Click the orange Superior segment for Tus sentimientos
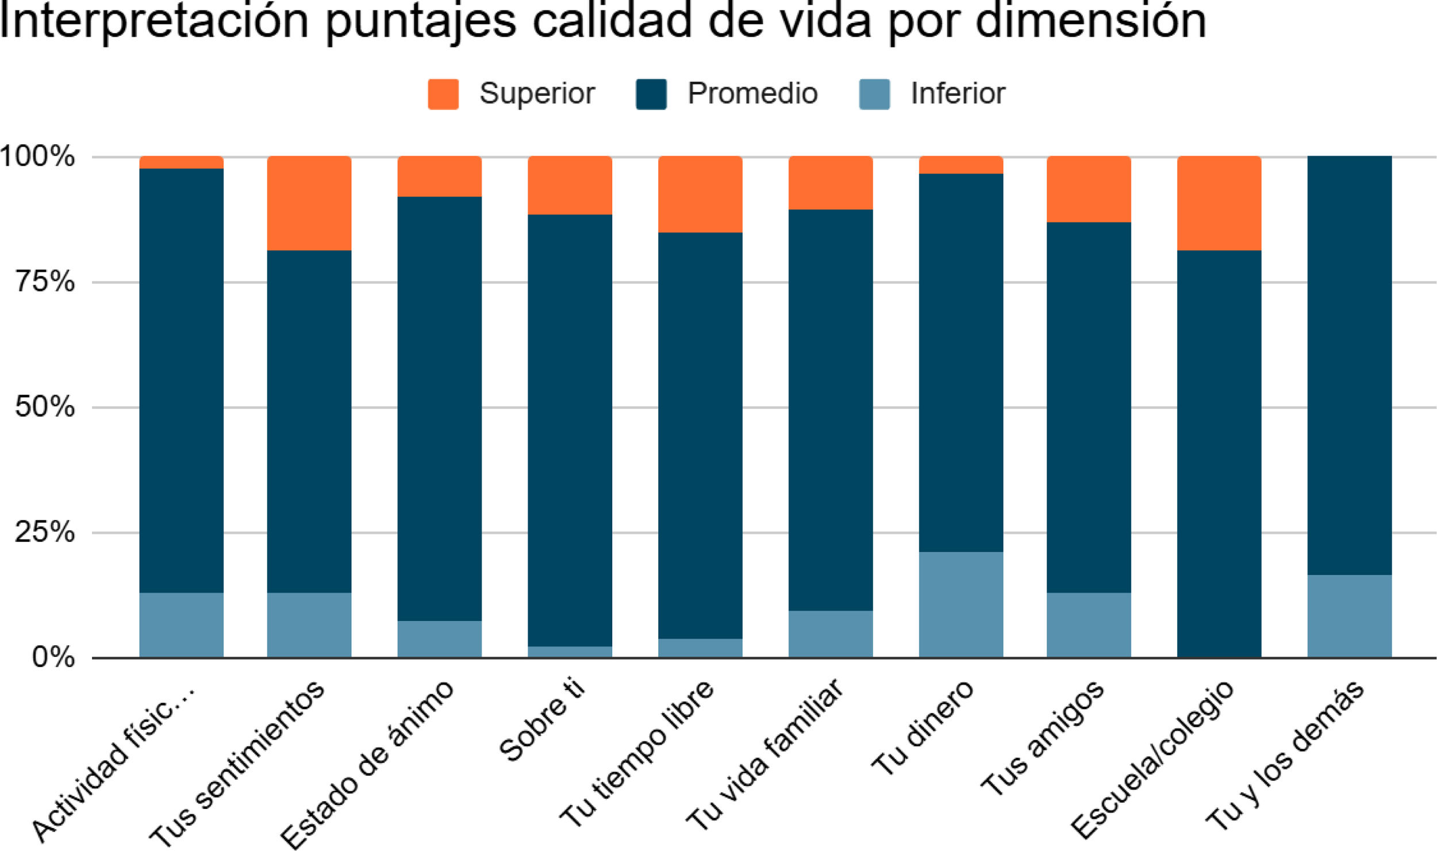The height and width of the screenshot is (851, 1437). coord(309,203)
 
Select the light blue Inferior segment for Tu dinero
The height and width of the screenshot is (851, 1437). coord(961,604)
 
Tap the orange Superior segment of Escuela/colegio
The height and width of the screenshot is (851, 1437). coord(1219,203)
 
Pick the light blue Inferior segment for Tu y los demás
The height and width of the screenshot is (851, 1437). coord(1350,616)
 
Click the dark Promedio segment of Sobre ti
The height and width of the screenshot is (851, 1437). coord(570,430)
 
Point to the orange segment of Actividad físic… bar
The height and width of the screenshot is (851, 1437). coord(182,162)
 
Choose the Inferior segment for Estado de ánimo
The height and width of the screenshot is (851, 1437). coord(440,639)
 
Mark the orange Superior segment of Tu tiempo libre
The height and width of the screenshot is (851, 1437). coord(700,194)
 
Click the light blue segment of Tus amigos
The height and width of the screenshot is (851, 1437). coord(1089,625)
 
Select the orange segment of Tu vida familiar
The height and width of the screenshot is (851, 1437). coord(831,183)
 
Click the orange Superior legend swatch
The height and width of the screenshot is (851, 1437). coord(443,94)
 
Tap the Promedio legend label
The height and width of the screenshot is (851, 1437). coord(752,94)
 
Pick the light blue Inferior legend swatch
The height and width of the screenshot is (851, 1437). coord(874,94)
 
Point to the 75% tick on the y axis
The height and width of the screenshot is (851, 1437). coord(45,282)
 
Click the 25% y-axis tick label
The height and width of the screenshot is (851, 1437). coord(45,532)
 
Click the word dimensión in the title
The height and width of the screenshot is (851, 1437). coord(1090,21)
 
